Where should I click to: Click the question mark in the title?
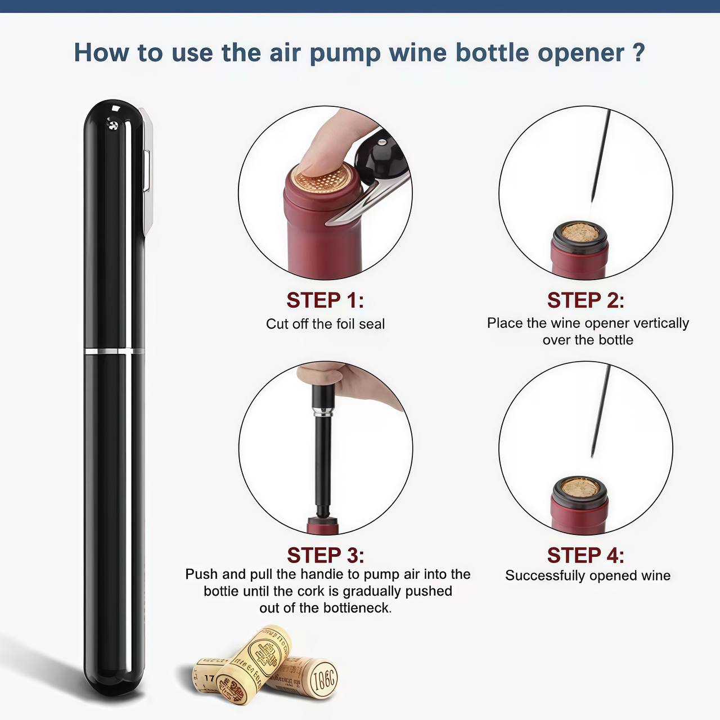point(638,52)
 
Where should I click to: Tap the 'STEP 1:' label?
point(325,300)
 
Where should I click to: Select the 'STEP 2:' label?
point(586,300)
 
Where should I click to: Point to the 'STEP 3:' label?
point(325,555)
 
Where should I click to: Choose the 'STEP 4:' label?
point(586,555)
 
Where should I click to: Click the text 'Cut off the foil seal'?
point(325,324)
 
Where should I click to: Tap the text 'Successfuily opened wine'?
point(587,575)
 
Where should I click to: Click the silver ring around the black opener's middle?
point(115,352)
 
